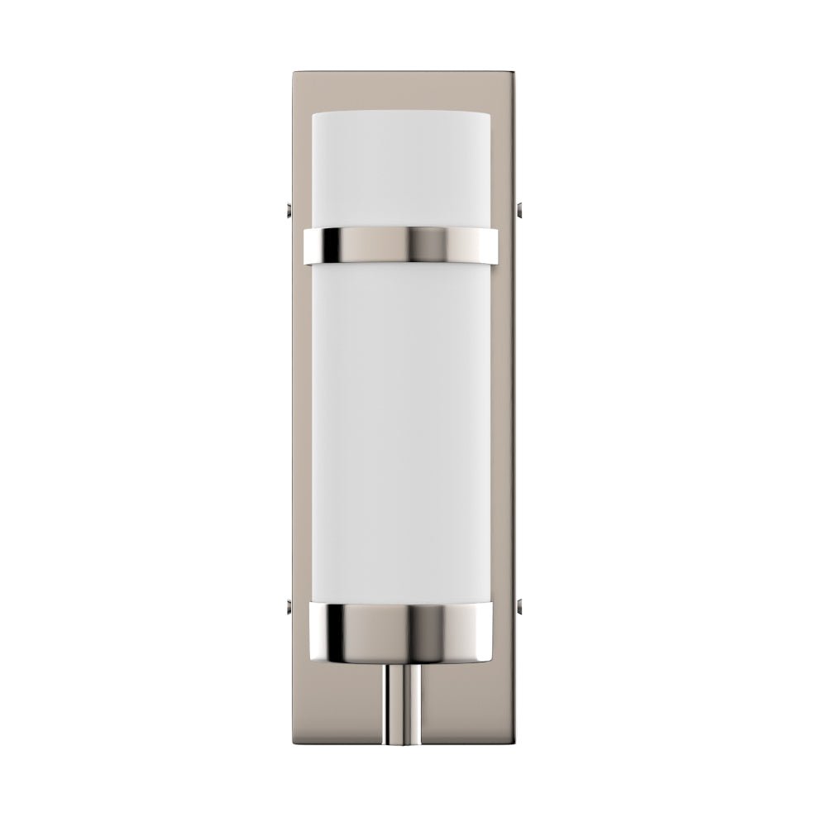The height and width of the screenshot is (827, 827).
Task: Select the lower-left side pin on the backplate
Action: pyautogui.click(x=285, y=609)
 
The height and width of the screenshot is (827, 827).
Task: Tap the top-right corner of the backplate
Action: pyautogui.click(x=514, y=75)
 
